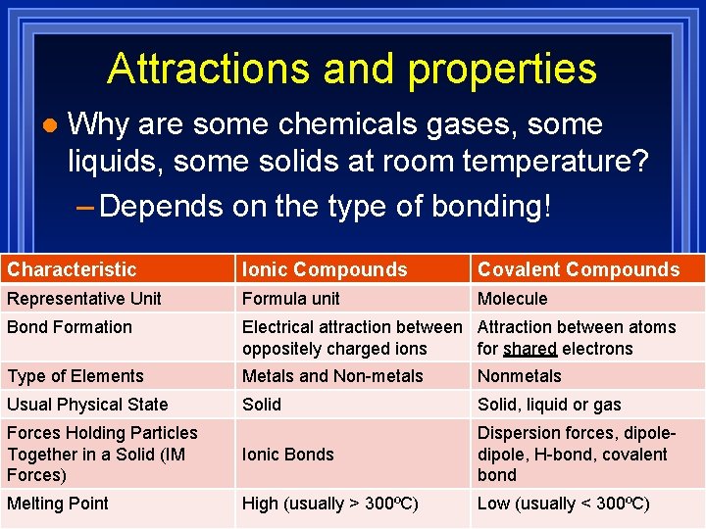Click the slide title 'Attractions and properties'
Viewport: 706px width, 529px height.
pyautogui.click(x=352, y=69)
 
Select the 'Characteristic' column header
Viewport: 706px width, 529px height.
pyautogui.click(x=72, y=269)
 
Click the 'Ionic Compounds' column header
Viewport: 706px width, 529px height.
pyautogui.click(x=325, y=269)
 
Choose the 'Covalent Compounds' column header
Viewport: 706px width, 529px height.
pyautogui.click(x=578, y=269)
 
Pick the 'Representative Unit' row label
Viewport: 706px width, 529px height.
pyautogui.click(x=84, y=299)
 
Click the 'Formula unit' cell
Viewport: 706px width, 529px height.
pyautogui.click(x=291, y=299)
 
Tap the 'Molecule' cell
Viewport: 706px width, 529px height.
pyautogui.click(x=512, y=299)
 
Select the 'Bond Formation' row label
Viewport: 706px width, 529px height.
pyautogui.click(x=70, y=327)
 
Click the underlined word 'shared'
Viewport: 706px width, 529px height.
pyautogui.click(x=530, y=349)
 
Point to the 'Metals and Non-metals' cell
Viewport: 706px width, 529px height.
pyautogui.click(x=332, y=376)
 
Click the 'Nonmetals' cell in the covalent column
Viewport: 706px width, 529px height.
pyautogui.click(x=520, y=376)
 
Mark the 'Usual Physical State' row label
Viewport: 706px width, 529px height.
pyautogui.click(x=87, y=405)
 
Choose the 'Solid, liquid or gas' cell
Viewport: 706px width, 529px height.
pyautogui.click(x=549, y=405)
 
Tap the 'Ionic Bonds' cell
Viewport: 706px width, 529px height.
pyautogui.click(x=287, y=455)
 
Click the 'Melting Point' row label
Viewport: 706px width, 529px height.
pyautogui.click(x=58, y=504)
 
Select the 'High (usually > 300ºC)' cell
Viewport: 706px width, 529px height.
pyautogui.click(x=329, y=504)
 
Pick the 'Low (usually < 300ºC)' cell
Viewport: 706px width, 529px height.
pyautogui.click(x=563, y=504)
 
